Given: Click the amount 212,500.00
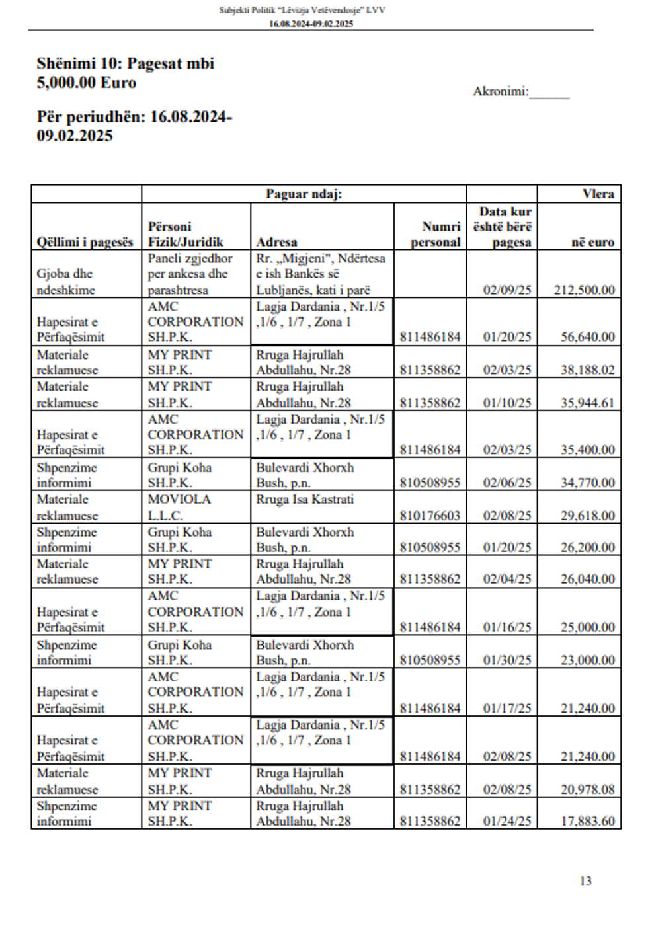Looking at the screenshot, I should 584,290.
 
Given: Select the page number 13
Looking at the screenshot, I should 585,880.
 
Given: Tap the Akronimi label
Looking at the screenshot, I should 501,91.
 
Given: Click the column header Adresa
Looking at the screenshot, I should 276,242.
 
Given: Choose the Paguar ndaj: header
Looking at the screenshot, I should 304,194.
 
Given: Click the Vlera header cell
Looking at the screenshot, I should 598,194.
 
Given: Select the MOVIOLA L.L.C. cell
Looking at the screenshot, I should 179,507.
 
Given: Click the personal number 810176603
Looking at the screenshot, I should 430,515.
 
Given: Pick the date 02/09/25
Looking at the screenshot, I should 507,290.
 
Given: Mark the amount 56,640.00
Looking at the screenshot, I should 588,336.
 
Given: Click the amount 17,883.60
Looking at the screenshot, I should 588,821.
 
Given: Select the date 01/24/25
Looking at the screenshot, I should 507,821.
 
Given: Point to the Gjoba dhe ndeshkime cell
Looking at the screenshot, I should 65,282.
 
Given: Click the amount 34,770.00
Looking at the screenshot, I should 588,483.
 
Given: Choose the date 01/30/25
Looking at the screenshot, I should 507,660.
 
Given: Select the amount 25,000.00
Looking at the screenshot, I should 588,627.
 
